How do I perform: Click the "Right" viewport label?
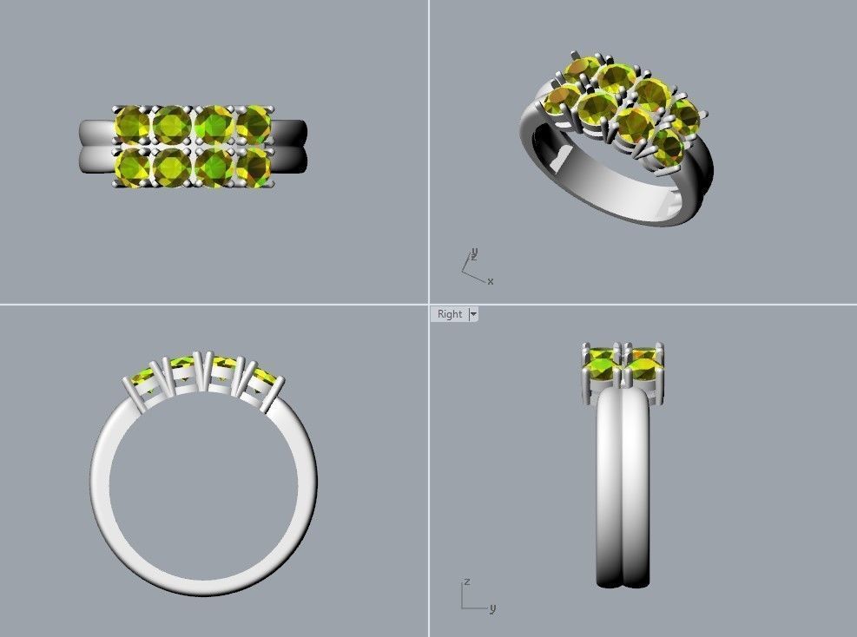coord(450,314)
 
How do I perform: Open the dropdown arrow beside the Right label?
coord(473,314)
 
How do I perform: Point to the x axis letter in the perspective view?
coord(491,281)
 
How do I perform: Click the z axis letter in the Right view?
coord(467,581)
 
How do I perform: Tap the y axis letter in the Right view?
coord(492,608)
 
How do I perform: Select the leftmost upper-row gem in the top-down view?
coord(132,125)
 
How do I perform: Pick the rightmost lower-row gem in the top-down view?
coord(254,164)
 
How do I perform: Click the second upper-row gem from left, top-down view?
coord(172,125)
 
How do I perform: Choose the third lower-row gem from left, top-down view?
coord(214,164)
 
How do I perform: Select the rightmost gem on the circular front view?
coord(265,378)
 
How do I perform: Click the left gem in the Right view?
coord(602,364)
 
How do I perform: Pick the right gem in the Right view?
coord(643,364)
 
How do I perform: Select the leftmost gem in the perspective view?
coord(559,97)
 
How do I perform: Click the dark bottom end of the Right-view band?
coord(623,576)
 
